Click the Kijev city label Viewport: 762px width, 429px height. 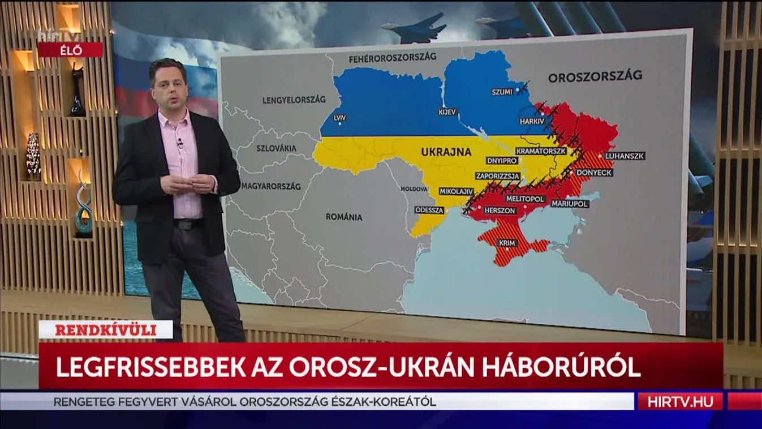tap(447, 112)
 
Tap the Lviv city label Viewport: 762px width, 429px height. tap(340, 118)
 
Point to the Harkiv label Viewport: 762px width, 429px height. tap(532, 121)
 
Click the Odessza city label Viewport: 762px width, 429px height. tap(429, 209)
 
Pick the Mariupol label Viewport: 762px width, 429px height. tap(570, 203)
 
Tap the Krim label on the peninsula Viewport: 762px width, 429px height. tap(506, 243)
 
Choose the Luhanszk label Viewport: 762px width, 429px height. tap(625, 156)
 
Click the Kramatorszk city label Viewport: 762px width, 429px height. tap(541, 152)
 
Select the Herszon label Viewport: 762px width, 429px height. tap(500, 211)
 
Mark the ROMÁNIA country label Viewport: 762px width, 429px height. tap(344, 217)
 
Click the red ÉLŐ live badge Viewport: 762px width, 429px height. tap(70, 50)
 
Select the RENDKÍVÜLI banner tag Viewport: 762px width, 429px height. tap(106, 329)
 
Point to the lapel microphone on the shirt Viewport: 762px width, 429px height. tap(180, 142)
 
